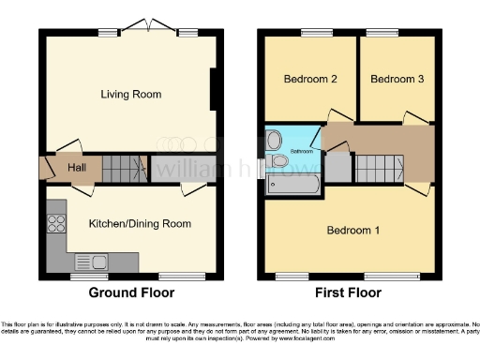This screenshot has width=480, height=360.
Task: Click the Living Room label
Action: pos(131,95)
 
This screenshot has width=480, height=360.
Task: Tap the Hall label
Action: pos(77,168)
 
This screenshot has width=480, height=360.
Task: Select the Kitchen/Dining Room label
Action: pos(140,224)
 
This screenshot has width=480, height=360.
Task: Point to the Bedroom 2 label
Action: pos(310,80)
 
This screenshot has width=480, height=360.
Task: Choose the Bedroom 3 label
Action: pos(397,80)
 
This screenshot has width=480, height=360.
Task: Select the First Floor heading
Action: pos(349,293)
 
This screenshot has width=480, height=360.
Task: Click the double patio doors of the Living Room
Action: pos(146,28)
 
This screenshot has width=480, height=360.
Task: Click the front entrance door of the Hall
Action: pos(43,169)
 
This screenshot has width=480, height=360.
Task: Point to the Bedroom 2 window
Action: pos(310,35)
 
